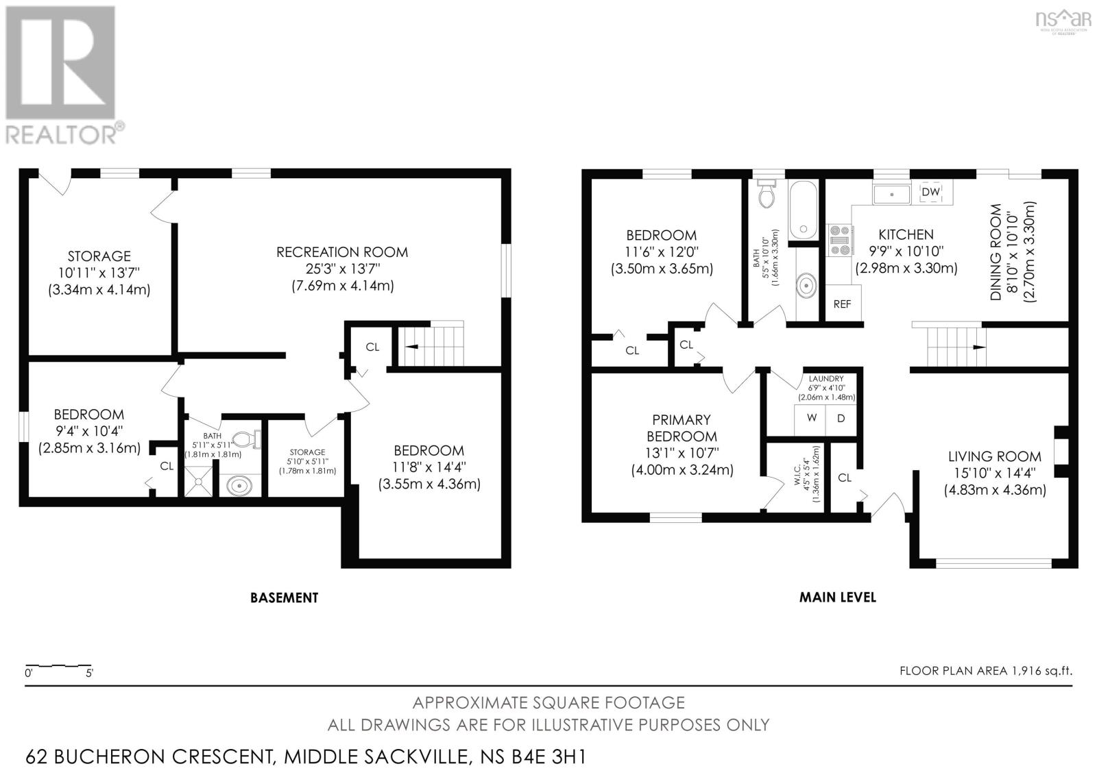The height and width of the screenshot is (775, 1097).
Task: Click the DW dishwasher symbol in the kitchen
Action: coord(930,192)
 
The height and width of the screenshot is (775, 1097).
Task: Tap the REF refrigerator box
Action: coord(841,304)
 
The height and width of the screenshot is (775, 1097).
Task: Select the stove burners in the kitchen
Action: coord(839,240)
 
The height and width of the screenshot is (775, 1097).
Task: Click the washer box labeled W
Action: coord(810,417)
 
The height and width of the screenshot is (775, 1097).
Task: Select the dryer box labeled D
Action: coord(841,417)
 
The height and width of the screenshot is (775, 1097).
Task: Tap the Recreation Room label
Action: coord(341,252)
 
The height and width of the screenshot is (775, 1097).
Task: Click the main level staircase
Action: coord(950,346)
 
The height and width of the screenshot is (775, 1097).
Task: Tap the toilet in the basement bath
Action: coord(245,439)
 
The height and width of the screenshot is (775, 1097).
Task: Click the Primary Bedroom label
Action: coord(681,428)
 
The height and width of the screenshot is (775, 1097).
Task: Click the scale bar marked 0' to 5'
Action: coord(58,665)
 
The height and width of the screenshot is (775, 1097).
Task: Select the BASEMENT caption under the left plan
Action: coord(284,598)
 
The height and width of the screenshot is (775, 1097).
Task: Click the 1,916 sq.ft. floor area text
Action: coord(1041,670)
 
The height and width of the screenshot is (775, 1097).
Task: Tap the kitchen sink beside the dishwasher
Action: coord(891,195)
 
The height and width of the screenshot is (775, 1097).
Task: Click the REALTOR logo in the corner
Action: coord(62,75)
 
